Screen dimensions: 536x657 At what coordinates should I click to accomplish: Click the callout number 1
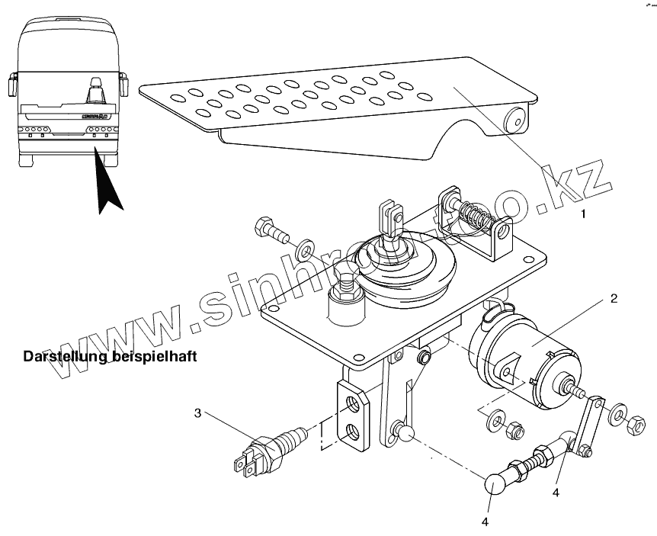point(583,214)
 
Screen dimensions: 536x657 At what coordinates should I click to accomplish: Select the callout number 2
point(612,298)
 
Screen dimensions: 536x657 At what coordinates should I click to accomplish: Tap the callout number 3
point(197,413)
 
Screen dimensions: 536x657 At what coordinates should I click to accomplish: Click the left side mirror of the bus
point(13,83)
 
